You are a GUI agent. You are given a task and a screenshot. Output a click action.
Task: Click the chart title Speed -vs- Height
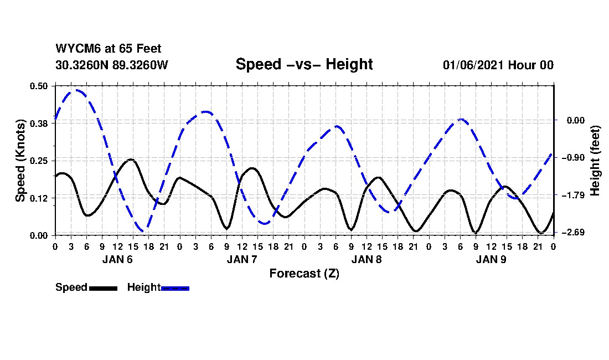coord(304,64)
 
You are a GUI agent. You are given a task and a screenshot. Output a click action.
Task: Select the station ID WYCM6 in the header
coord(71,49)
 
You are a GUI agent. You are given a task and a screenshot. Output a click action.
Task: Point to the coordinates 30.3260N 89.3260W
coord(111,65)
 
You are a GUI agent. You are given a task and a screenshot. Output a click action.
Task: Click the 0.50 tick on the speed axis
coord(39,86)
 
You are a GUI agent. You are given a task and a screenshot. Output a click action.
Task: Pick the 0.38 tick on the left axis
coord(39,123)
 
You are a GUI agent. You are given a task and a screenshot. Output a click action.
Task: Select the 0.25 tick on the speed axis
coord(39,161)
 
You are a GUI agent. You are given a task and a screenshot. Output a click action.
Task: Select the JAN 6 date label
coord(117,259)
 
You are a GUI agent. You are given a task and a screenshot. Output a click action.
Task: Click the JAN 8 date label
coord(367,259)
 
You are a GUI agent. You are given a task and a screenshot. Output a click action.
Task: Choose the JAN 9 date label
coord(491,259)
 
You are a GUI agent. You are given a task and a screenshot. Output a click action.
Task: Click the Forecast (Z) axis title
coord(304,273)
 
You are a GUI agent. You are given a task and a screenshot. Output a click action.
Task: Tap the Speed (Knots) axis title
coord(20,161)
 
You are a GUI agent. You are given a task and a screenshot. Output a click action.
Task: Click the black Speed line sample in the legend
coord(102,288)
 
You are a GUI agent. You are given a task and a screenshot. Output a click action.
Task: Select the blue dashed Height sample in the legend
coord(175,288)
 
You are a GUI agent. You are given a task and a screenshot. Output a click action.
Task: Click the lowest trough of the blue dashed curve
coord(143,231)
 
